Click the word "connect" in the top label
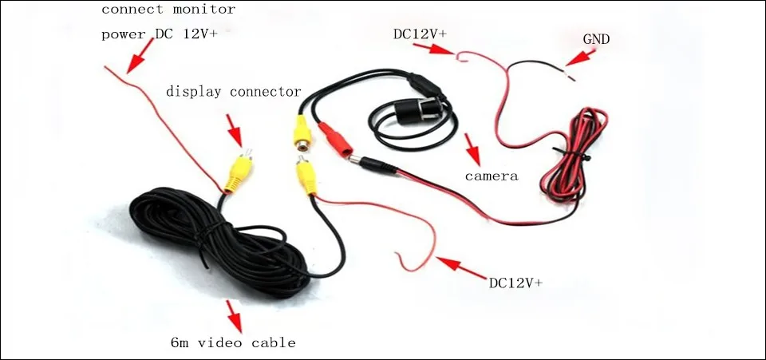(x=130, y=10)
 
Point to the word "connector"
(x=265, y=92)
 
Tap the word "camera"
(x=492, y=176)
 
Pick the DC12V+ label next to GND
(x=419, y=34)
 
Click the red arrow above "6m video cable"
(x=235, y=315)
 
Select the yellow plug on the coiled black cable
(x=237, y=172)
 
